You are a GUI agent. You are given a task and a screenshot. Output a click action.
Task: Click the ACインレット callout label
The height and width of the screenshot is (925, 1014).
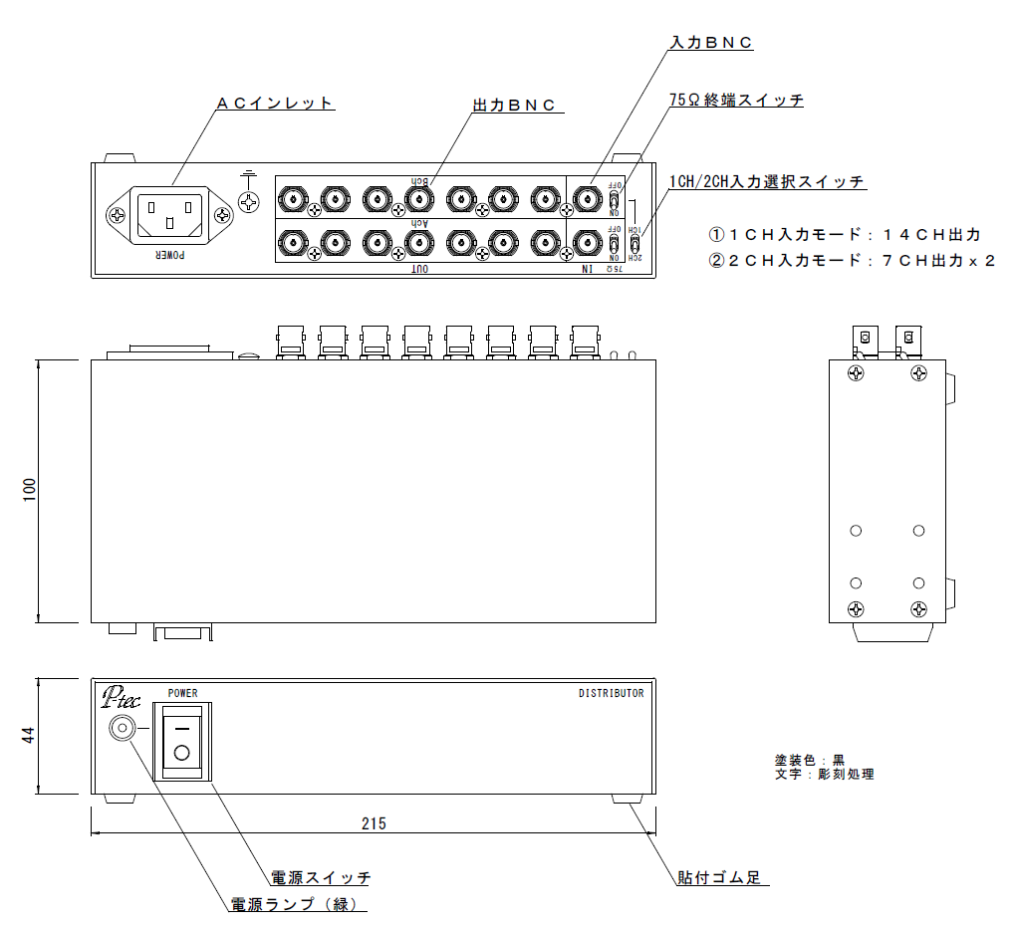coord(275,104)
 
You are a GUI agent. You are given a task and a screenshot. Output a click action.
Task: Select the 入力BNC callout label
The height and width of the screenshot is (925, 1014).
coord(711,43)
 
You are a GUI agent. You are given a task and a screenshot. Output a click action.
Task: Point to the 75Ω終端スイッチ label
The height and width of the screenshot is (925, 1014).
coord(736,100)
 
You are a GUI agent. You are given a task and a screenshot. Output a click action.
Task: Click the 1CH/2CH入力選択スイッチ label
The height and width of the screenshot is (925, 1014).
coord(767,181)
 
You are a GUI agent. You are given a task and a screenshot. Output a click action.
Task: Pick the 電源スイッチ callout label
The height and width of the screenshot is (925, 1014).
coord(321,877)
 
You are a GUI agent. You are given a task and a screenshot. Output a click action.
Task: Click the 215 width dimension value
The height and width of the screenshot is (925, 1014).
coord(374,823)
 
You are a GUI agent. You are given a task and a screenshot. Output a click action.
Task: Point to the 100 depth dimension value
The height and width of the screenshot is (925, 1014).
coord(29,490)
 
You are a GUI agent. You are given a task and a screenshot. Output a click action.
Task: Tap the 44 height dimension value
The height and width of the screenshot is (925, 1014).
coord(29,736)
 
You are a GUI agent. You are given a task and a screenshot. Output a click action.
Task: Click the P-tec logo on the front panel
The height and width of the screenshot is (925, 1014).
coord(121,697)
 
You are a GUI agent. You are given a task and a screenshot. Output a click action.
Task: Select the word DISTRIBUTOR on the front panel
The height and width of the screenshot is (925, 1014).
coord(612,694)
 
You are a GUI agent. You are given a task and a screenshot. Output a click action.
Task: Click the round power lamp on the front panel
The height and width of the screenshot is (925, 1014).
coord(122,729)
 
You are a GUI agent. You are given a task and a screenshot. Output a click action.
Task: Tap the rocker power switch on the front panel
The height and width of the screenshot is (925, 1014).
coord(181,741)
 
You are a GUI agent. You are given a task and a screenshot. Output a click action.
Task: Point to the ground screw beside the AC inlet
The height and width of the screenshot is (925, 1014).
coord(249,202)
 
